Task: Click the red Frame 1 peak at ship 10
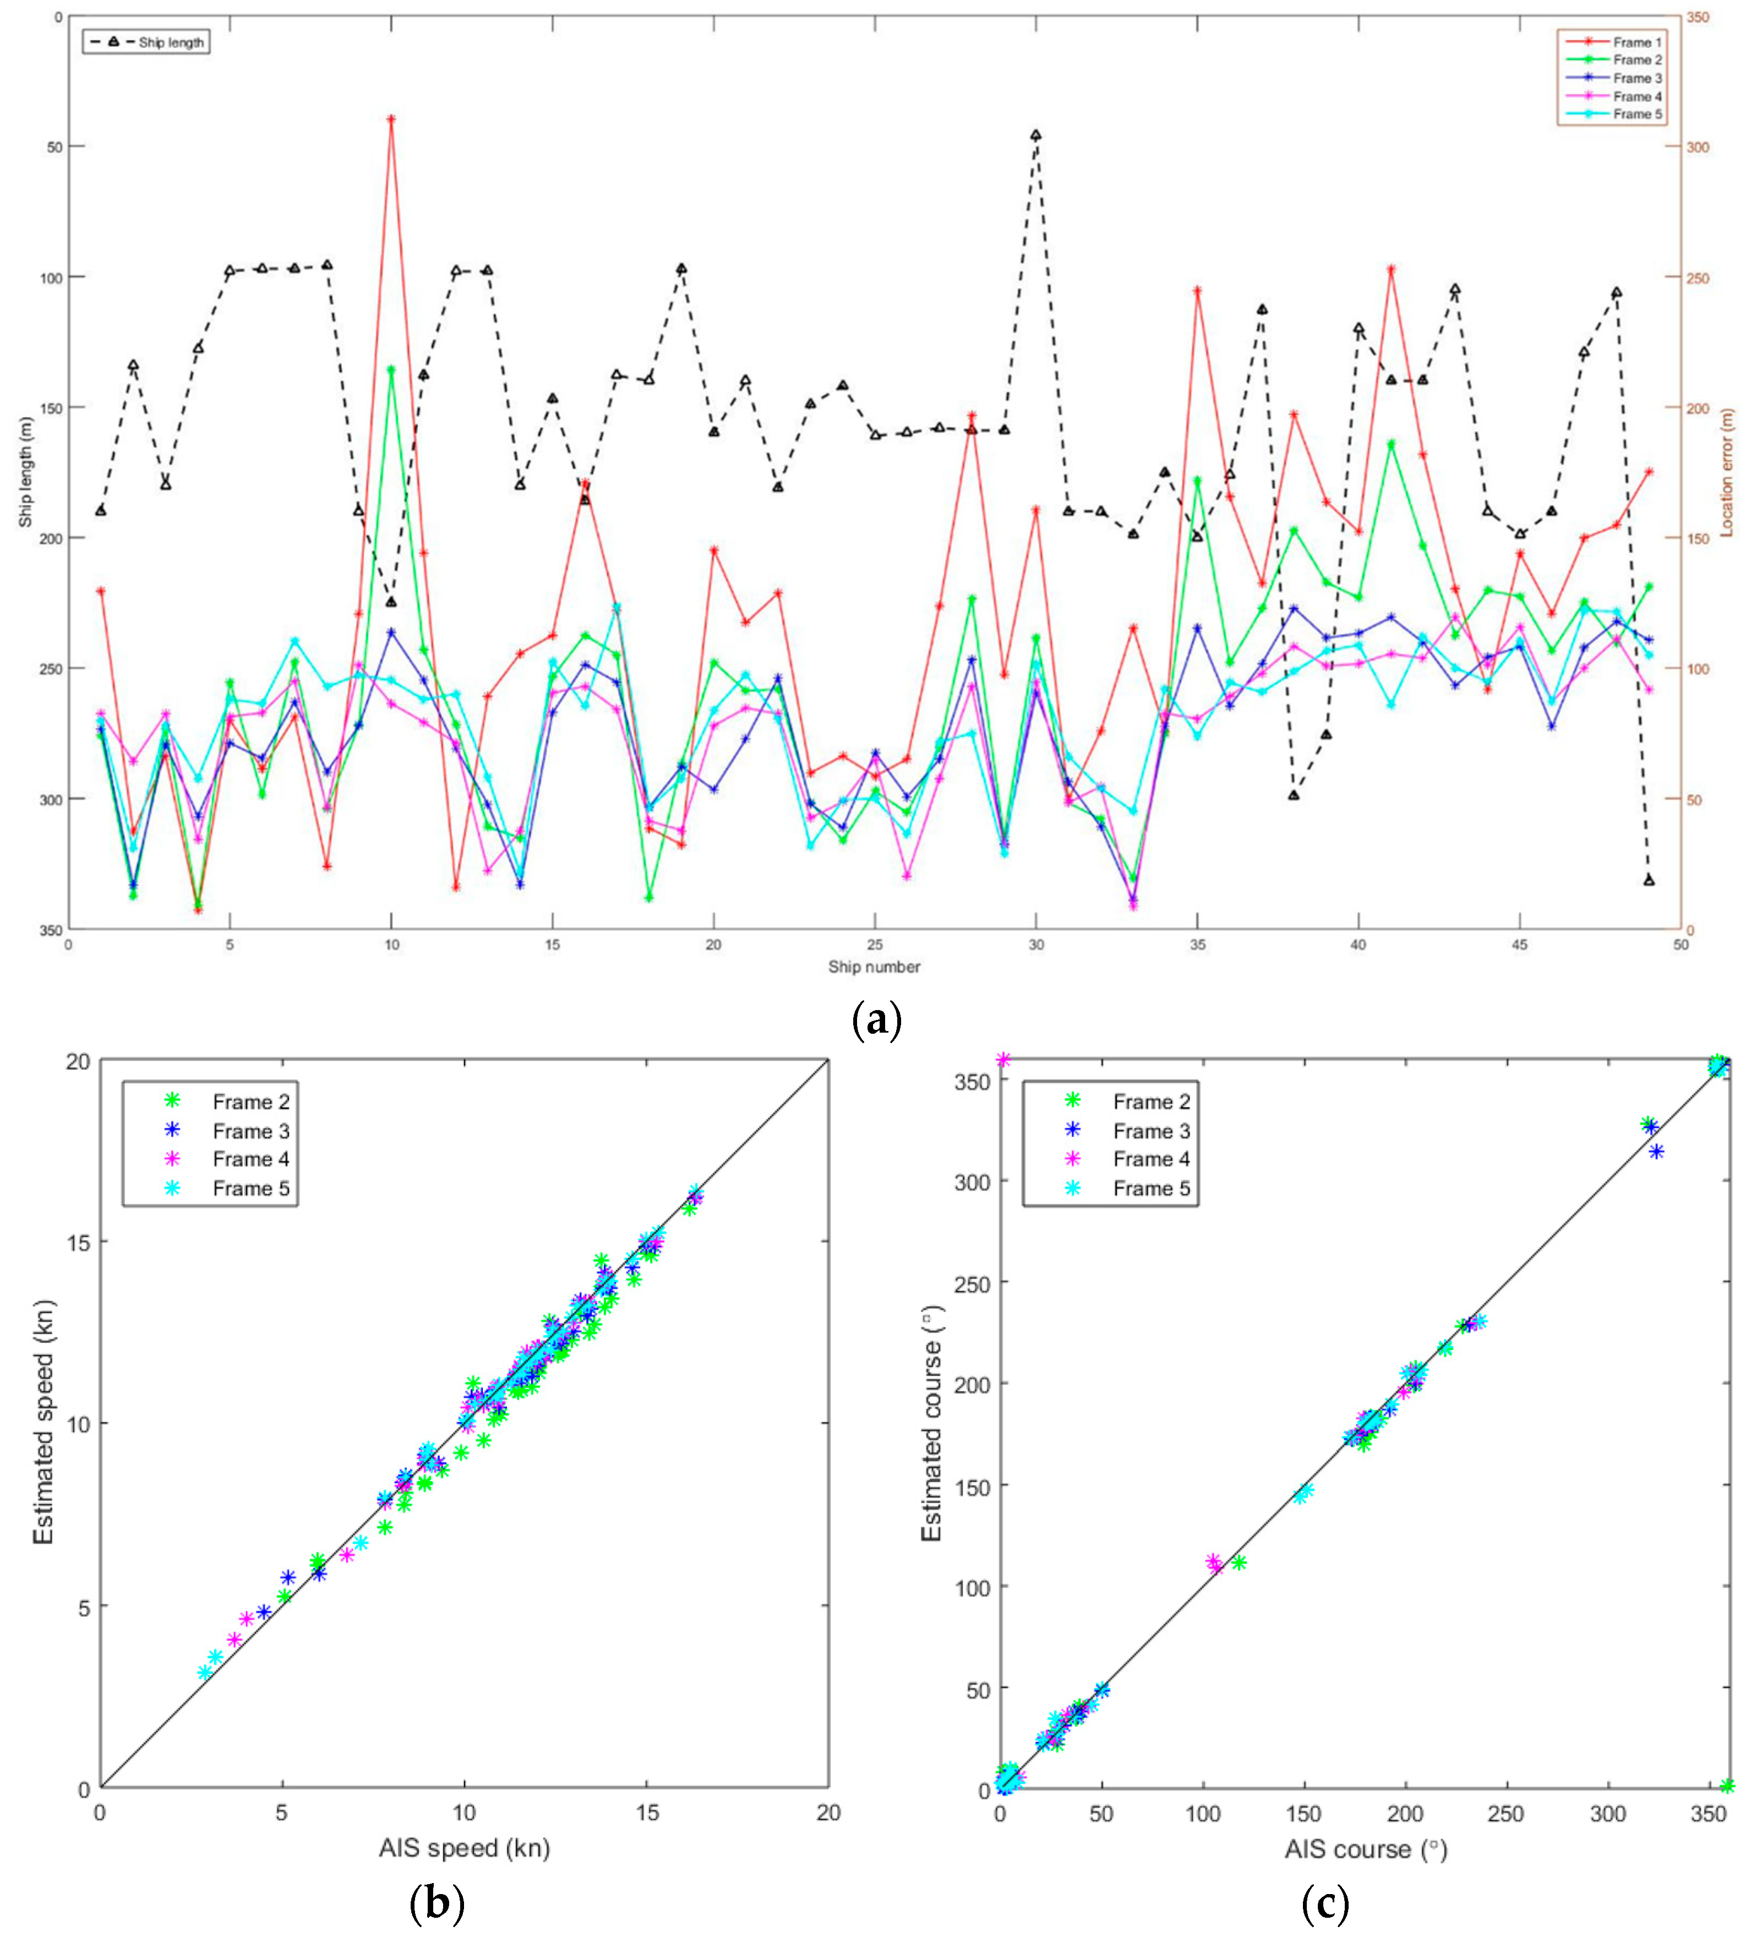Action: coord(391,119)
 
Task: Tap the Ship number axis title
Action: coord(874,967)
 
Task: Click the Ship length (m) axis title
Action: coord(26,471)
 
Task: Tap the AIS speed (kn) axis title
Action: coord(464,1848)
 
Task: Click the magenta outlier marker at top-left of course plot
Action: coord(1004,1060)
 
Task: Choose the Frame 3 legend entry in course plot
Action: coord(1150,1131)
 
